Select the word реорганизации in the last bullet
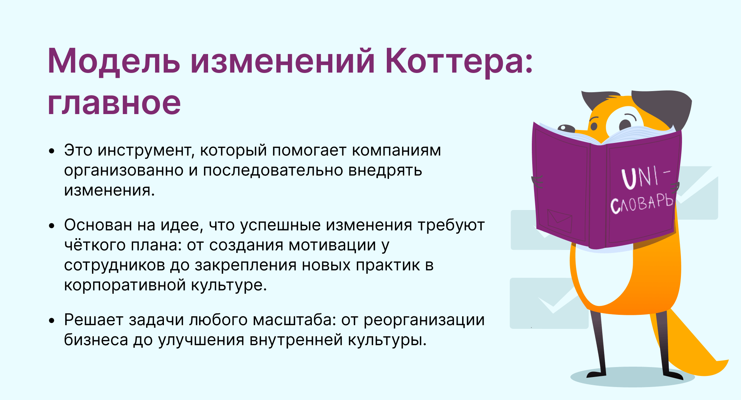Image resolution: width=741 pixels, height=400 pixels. click(424, 320)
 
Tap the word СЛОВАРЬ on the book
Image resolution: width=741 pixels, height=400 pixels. click(642, 204)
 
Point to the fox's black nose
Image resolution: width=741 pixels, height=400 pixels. click(566, 129)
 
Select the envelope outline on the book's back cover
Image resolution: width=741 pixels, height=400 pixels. click(560, 221)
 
